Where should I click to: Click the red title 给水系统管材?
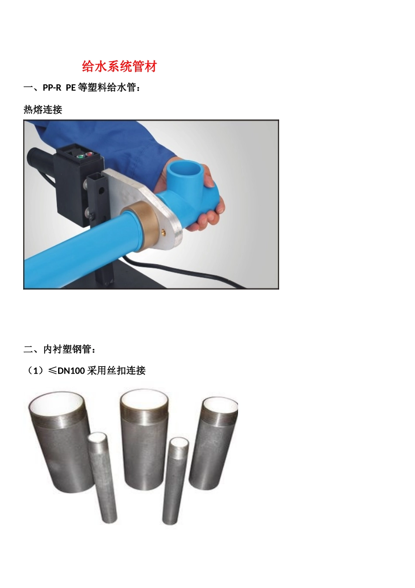click(x=119, y=66)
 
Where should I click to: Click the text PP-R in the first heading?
click(x=52, y=88)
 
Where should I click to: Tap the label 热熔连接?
click(x=43, y=110)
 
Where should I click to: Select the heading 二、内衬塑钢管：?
click(x=60, y=349)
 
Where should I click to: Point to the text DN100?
click(x=71, y=371)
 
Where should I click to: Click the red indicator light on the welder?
click(x=88, y=154)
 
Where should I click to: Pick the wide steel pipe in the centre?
click(x=144, y=451)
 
